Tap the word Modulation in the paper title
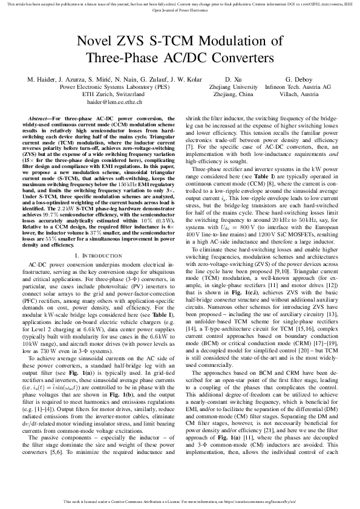[233, 42]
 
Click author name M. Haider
[41, 80]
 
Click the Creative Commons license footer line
[180, 501]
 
